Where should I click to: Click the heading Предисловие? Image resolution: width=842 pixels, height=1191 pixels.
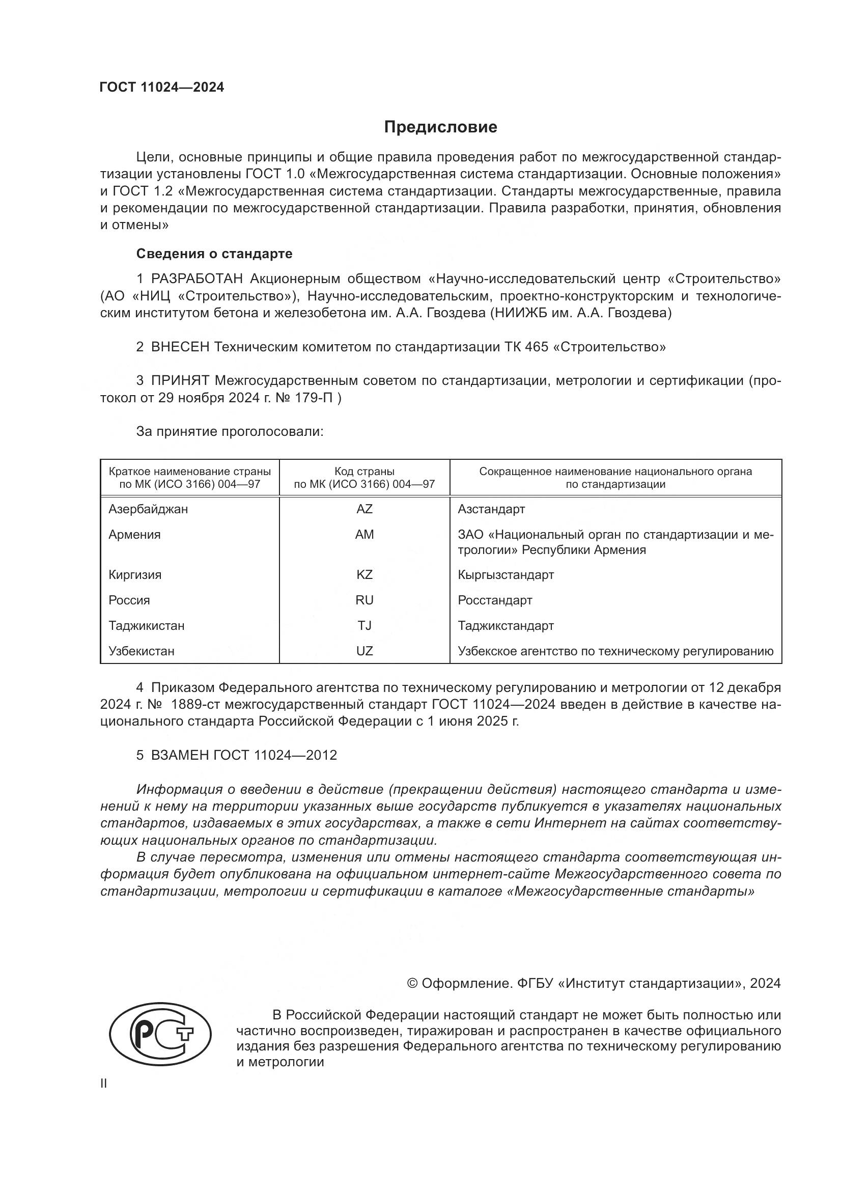pos(440,128)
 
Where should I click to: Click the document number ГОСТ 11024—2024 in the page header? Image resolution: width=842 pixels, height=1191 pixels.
pos(162,87)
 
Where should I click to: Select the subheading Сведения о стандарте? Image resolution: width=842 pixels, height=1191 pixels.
pos(214,254)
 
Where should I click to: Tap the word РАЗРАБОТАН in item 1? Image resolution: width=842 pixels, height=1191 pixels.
pos(197,279)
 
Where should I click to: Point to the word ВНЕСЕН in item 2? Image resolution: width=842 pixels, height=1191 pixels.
pos(180,347)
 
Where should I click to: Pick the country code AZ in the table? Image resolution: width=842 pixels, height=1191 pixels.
pos(364,509)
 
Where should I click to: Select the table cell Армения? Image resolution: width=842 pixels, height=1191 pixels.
pos(134,535)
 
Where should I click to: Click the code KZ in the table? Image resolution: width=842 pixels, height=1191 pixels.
pos(364,575)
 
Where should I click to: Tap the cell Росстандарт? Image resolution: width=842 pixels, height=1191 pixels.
pos(495,600)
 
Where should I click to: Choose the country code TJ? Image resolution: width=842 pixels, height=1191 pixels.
pos(364,626)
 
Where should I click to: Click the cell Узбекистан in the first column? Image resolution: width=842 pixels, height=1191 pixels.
pos(141,651)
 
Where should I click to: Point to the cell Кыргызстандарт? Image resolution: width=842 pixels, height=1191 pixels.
pos(506,575)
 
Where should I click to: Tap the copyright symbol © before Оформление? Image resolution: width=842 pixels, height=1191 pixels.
pos(412,984)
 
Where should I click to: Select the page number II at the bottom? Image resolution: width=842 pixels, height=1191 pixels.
pos(104,1084)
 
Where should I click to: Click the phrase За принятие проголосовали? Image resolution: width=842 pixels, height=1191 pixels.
pos(230,432)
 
